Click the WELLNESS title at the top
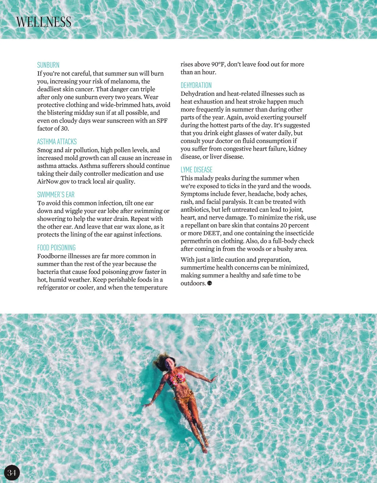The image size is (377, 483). point(44,22)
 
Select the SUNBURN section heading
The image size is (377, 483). point(48,65)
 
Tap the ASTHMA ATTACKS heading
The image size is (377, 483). point(57,142)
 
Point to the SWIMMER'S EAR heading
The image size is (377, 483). point(56,195)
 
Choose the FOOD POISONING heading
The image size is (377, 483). point(56,248)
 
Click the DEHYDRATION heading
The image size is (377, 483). point(196,85)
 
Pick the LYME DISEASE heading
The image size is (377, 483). point(196,170)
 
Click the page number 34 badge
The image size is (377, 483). point(12,473)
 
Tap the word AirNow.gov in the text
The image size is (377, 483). point(53,182)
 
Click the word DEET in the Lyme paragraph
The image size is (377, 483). point(211,233)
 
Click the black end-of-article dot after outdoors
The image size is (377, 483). point(210,283)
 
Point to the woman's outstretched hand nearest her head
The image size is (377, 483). point(214,378)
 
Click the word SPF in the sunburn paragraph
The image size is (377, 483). point(162,121)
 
